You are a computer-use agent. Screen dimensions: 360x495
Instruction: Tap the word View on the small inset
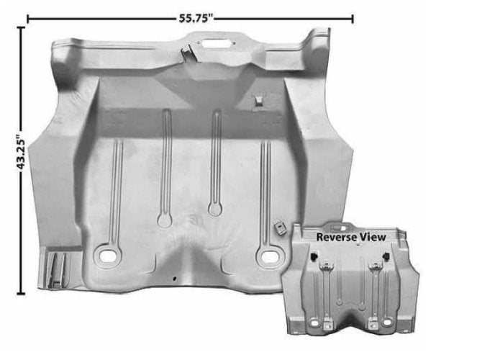coord(372,236)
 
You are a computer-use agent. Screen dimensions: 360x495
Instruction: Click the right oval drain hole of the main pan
coord(271,256)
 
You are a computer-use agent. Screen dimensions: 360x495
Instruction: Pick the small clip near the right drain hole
coord(278,228)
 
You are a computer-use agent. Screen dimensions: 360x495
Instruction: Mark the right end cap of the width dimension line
coord(353,18)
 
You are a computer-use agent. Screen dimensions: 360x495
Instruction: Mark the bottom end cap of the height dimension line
coord(21,293)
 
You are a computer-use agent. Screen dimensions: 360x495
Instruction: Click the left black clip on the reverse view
coord(314,256)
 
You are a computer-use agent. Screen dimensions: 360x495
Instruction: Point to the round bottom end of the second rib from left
coord(165,220)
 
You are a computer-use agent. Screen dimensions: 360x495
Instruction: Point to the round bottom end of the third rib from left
coord(214,210)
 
